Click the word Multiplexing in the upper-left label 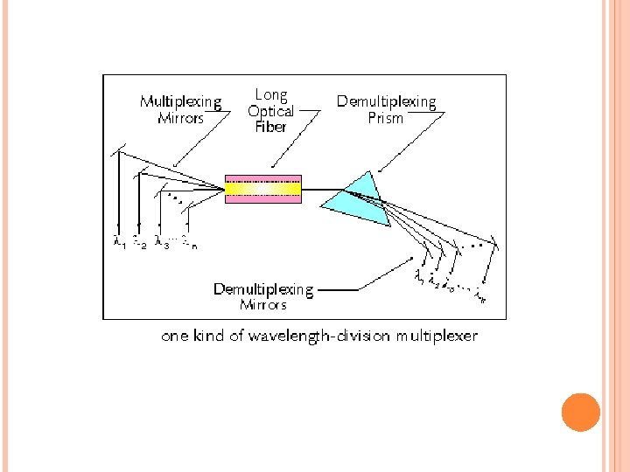pos(180,102)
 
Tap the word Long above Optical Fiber pos(270,94)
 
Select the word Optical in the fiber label pos(270,111)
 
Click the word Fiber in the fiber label pos(270,127)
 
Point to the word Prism pos(386,118)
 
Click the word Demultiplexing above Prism pos(386,102)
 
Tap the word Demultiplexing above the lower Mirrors pos(263,289)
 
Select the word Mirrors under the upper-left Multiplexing pos(180,118)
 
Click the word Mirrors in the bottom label pos(263,305)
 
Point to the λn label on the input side pos(189,243)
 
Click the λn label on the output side pos(479,298)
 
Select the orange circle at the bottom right pos(580,413)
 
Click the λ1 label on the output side pos(420,277)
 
